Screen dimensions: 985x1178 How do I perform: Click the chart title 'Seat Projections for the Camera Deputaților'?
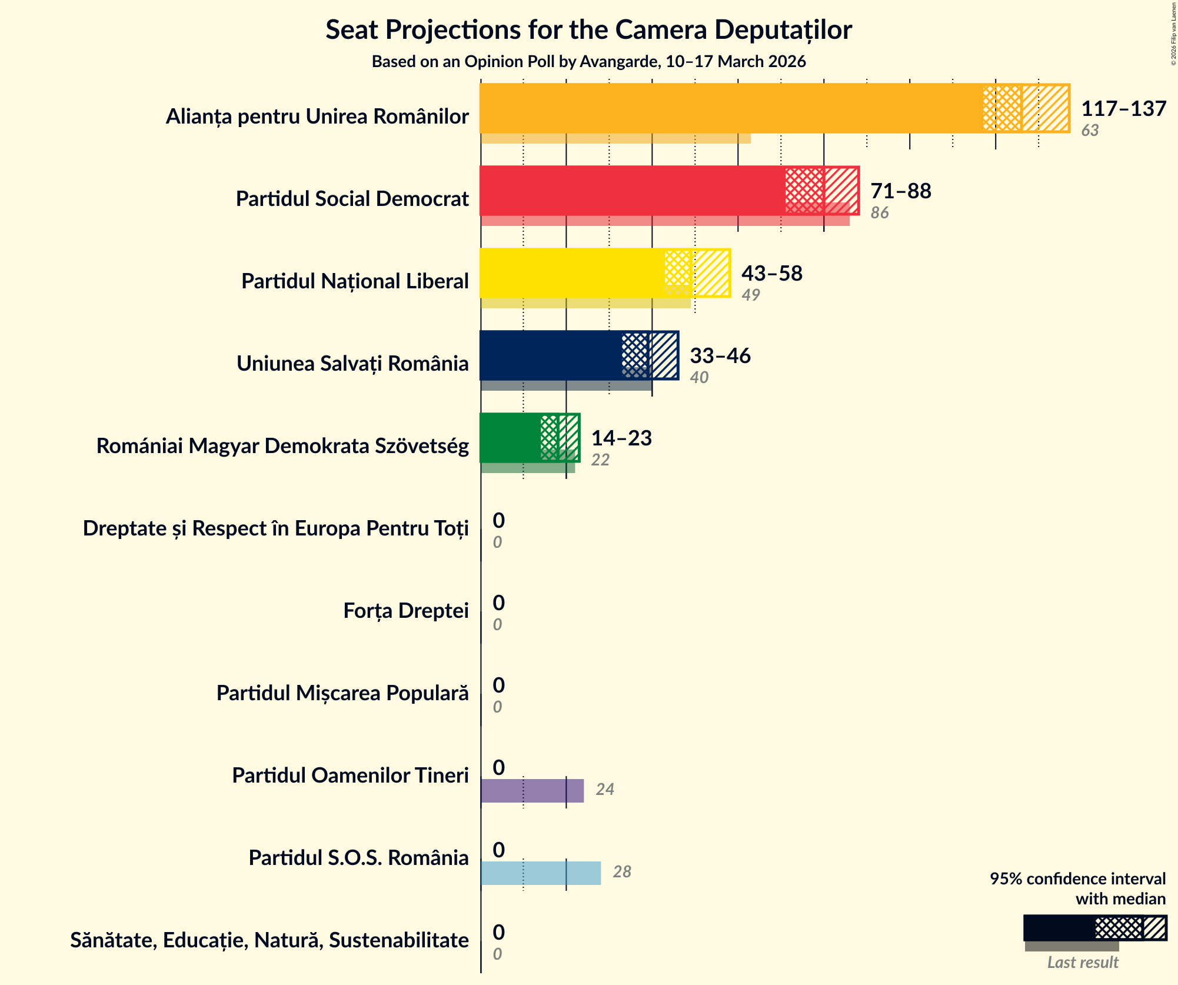click(588, 29)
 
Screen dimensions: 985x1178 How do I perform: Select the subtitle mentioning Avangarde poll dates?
click(588, 62)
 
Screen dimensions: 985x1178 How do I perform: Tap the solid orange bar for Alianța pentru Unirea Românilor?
click(730, 108)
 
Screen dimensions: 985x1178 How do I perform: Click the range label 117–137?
click(1123, 109)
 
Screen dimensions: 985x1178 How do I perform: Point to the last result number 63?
click(1090, 131)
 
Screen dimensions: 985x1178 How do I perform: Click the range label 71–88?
click(900, 191)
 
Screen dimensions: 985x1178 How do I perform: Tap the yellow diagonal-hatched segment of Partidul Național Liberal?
click(711, 273)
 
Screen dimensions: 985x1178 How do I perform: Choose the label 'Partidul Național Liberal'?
click(355, 281)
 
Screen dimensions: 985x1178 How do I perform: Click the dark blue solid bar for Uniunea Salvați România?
click(550, 355)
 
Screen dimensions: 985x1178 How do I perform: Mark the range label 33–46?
click(720, 356)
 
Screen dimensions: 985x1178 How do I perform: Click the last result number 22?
click(600, 460)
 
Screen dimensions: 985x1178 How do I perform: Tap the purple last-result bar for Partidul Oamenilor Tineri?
click(532, 791)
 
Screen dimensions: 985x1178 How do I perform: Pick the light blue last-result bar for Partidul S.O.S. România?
click(540, 873)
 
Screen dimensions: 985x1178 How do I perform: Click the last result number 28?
click(622, 872)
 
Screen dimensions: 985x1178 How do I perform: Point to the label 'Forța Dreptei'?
click(406, 611)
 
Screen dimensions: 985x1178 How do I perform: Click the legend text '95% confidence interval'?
click(1077, 879)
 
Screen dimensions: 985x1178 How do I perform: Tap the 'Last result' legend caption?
click(1082, 963)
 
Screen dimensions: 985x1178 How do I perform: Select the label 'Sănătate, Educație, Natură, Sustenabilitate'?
click(269, 940)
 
